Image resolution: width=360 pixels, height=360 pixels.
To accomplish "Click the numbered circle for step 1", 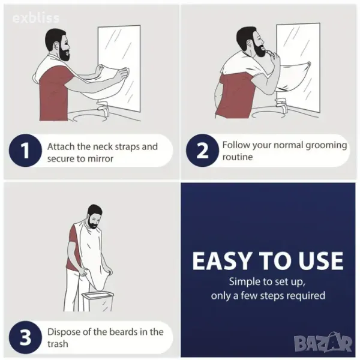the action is [25, 151].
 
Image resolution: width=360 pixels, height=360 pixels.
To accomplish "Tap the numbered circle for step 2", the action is [202, 151].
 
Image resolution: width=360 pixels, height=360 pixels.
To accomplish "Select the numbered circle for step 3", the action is [25, 337].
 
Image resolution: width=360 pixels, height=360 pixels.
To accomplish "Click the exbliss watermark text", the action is [36, 18].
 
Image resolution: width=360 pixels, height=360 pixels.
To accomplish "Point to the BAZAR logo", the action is [323, 343].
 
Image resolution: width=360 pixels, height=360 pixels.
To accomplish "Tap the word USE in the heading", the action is [319, 261].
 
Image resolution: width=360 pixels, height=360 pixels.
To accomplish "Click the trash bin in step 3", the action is [97, 301].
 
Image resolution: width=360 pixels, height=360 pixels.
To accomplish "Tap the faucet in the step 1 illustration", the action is [103, 110].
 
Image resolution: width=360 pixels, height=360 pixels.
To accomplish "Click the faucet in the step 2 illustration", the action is [281, 106].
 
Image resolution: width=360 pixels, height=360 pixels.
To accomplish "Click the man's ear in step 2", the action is [249, 43].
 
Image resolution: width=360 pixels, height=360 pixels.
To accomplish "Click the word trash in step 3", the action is [58, 344].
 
